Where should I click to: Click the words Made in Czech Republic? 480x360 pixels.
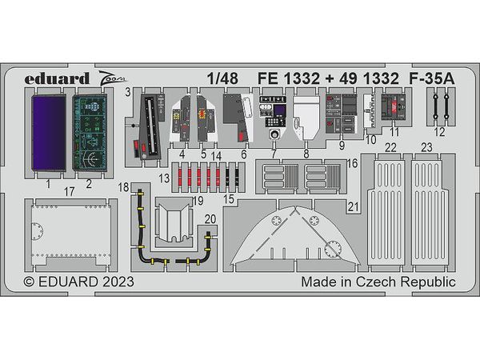pos(378,283)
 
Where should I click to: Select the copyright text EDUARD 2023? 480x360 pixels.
pos(78,283)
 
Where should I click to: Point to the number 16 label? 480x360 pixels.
pos(353,163)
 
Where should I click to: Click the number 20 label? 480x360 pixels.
pos(209,218)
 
